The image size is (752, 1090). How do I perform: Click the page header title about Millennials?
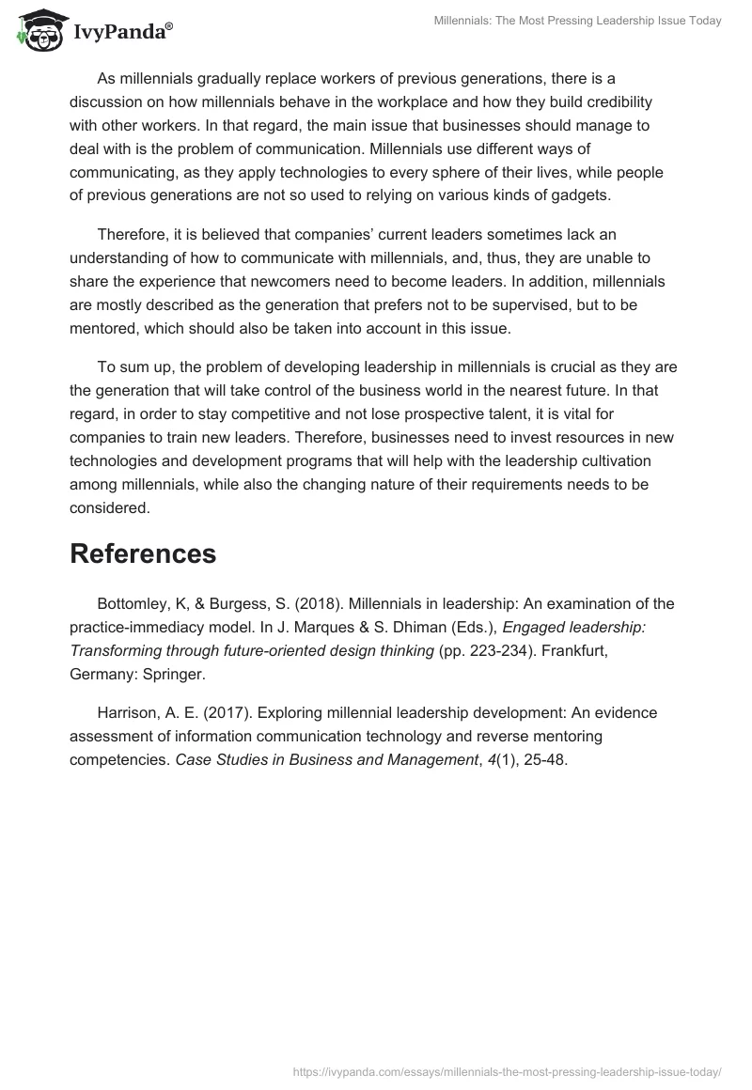pos(577,21)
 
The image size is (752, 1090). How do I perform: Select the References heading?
pos(143,553)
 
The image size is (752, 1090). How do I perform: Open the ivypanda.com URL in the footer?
pos(507,1070)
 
